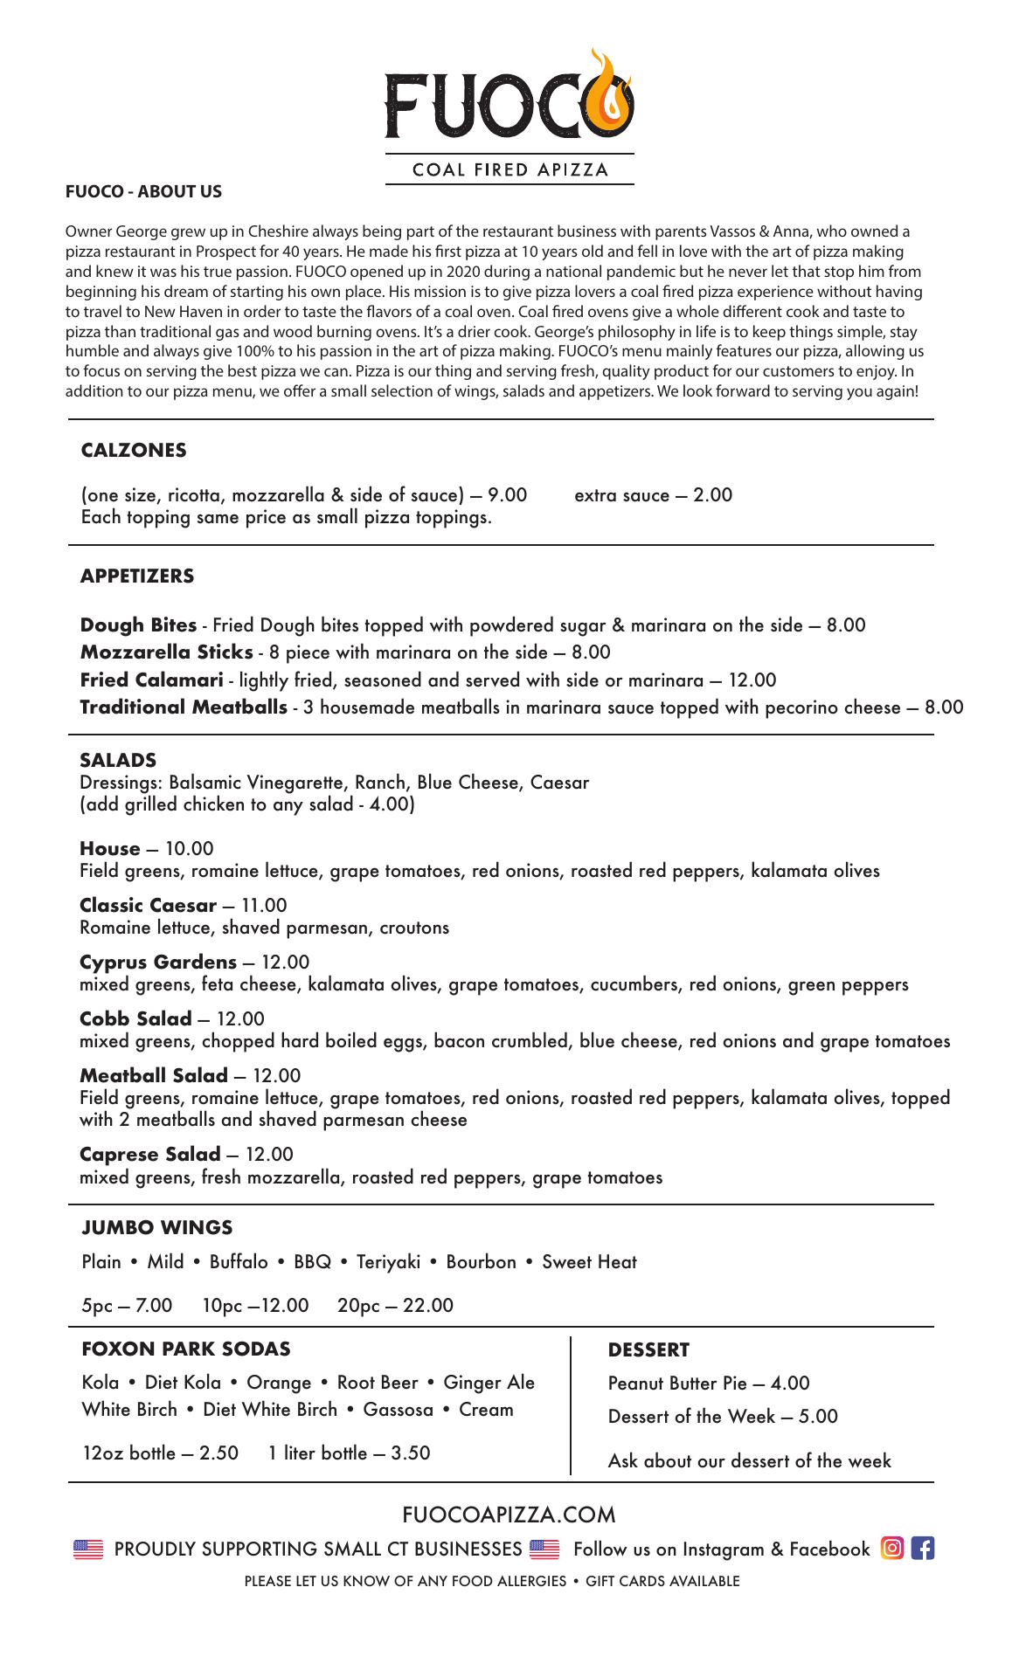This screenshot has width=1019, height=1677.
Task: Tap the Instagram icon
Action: click(892, 1549)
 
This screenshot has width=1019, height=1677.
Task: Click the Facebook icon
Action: click(922, 1549)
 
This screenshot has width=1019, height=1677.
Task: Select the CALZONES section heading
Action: click(134, 450)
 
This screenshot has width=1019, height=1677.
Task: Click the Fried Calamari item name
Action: click(151, 680)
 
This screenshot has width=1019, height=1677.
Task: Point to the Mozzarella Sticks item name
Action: click(166, 652)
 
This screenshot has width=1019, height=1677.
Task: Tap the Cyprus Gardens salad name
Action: click(157, 962)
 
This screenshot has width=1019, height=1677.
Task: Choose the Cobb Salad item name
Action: click(135, 1018)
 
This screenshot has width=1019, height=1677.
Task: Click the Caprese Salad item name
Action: click(149, 1154)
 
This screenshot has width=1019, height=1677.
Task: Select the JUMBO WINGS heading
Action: click(157, 1227)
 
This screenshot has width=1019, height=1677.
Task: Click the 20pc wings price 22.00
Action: click(428, 1305)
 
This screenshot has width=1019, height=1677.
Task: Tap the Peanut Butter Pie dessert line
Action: click(709, 1383)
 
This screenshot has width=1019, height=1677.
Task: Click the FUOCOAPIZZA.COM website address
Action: click(509, 1514)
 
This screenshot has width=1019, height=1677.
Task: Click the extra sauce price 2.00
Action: click(712, 495)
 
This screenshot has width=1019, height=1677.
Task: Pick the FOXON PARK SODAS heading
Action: click(186, 1349)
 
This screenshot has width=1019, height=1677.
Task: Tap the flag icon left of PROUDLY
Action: click(88, 1549)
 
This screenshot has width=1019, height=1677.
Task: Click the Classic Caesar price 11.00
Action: click(264, 905)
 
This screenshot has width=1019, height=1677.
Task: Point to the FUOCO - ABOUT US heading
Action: click(143, 191)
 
